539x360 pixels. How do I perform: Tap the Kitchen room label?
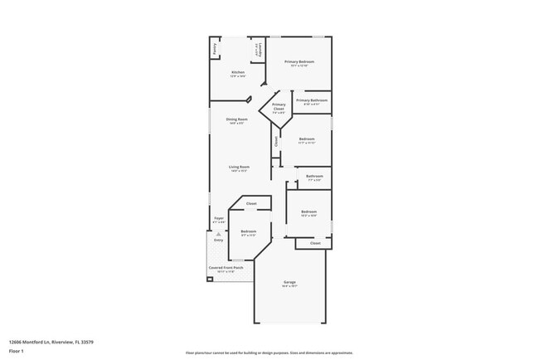(238, 73)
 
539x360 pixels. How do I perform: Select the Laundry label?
(259, 49)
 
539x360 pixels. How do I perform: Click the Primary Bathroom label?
(311, 100)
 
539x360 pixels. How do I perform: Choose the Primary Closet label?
(279, 107)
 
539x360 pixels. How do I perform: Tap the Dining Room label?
(236, 119)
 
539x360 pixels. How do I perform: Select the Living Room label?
(239, 168)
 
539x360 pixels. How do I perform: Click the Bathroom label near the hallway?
(314, 176)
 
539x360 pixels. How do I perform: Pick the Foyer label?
(218, 218)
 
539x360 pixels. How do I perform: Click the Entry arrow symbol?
(218, 234)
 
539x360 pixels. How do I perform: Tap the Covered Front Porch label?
(226, 268)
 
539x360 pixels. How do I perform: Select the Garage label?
(289, 283)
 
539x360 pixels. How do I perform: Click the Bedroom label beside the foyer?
(248, 231)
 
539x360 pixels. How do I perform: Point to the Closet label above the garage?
(315, 243)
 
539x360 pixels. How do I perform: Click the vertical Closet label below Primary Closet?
(276, 141)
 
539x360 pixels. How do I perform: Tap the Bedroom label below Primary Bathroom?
(306, 139)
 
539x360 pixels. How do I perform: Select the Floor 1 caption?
(17, 352)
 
